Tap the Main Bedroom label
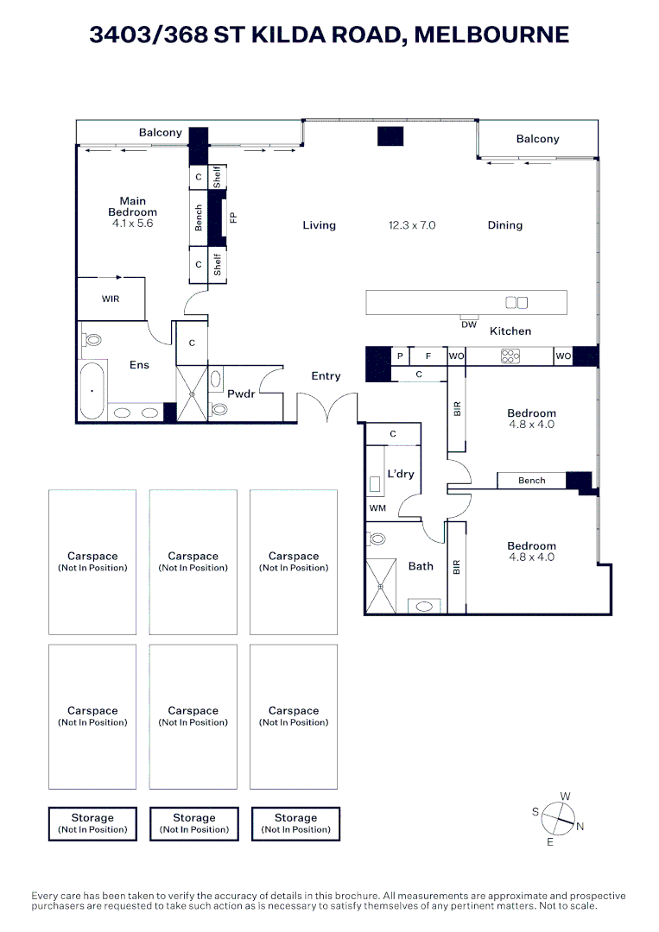point(133,206)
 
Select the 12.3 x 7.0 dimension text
point(412,225)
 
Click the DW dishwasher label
point(469,324)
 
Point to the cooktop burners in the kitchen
point(510,356)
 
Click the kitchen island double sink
point(516,302)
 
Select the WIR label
point(111,299)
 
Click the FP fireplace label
point(232,217)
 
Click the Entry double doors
point(327,408)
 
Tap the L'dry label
point(401,474)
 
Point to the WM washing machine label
point(377,509)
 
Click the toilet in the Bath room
point(377,540)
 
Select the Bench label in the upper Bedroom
point(531,481)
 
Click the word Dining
point(504,225)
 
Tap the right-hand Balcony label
point(537,139)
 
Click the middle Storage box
point(193,823)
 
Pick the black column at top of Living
point(390,136)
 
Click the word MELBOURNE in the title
point(492,35)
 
